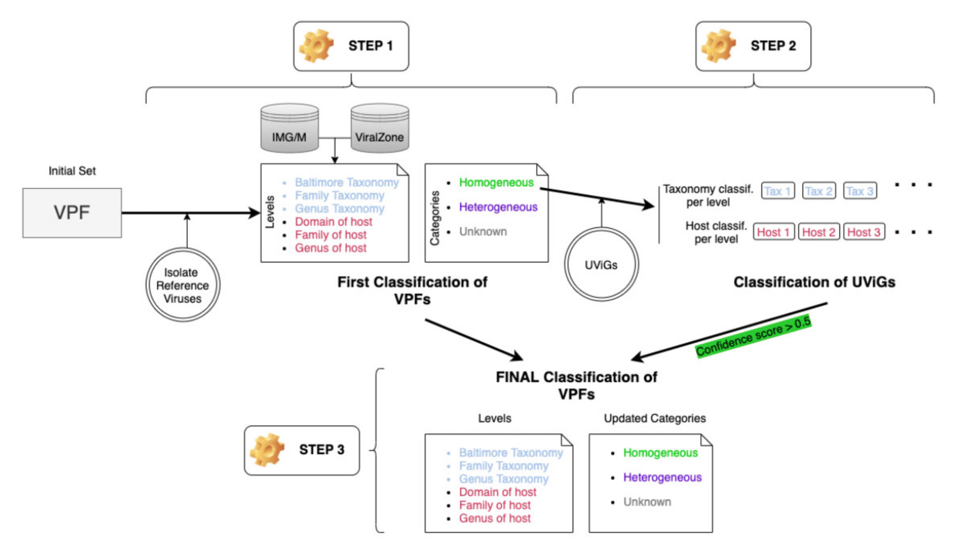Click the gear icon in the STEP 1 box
point(316,46)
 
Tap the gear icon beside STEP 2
point(719,46)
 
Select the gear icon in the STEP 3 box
point(267,450)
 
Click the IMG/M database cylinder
point(289,128)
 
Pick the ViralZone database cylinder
point(379,128)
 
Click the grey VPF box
point(72,213)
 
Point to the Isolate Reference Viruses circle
point(182,285)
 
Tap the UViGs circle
point(601,265)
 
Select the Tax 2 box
point(819,191)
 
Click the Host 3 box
point(863,232)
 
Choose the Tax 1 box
point(778,191)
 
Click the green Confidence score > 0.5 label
point(753,336)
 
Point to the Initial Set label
point(72,171)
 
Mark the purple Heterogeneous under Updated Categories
point(662,478)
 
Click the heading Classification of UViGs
point(814,282)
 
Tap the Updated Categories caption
point(655,418)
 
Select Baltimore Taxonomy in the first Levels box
point(346,183)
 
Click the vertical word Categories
point(435,218)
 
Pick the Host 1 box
point(773,232)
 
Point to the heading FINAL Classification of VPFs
point(576,385)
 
